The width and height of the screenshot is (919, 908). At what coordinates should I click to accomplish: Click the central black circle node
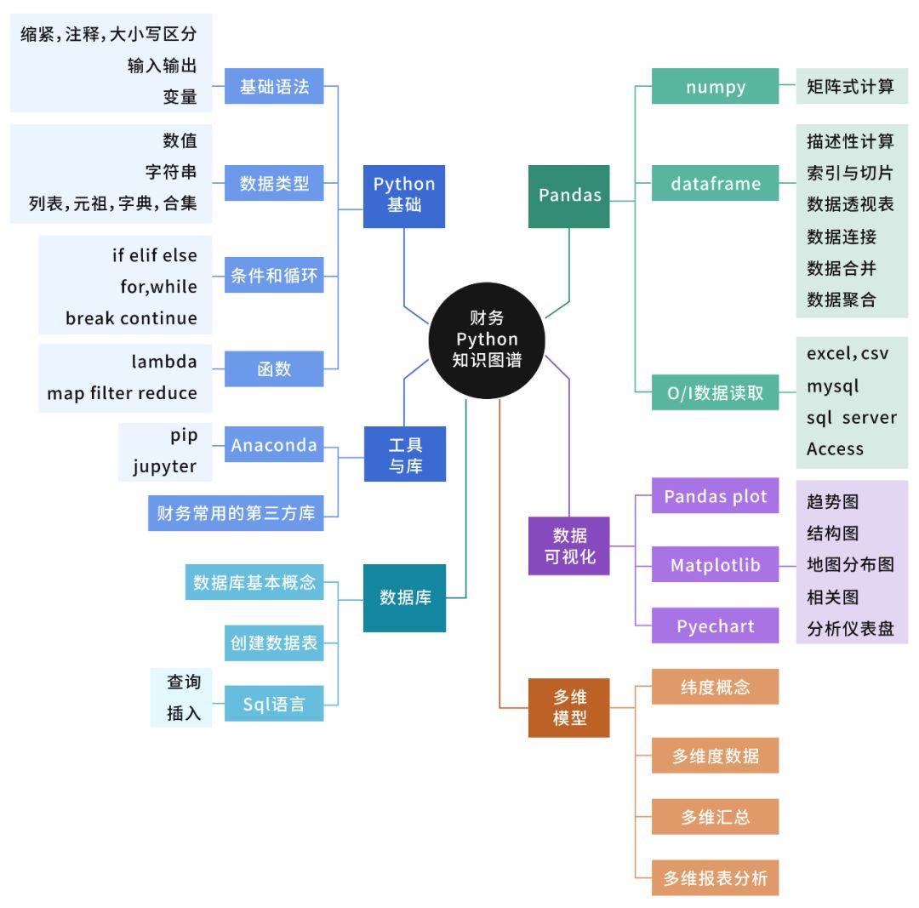point(487,340)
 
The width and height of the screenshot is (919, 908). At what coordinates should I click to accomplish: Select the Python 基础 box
point(404,195)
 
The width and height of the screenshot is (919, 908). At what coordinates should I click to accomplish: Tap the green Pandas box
point(569,196)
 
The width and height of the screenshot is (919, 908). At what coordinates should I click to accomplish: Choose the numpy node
point(715,87)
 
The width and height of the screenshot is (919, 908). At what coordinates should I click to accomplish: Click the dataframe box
point(715,183)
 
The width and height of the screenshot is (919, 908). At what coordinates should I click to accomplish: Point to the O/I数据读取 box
point(715,393)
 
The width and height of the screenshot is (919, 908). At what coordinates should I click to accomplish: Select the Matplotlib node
point(715,565)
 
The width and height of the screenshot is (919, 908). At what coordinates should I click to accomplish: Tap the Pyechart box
point(715,626)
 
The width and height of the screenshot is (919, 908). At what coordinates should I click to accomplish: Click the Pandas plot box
point(715,496)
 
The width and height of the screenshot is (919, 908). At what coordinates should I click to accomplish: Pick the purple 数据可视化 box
point(569,546)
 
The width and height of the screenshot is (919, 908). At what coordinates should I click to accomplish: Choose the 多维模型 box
point(569,707)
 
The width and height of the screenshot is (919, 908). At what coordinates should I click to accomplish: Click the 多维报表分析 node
point(715,878)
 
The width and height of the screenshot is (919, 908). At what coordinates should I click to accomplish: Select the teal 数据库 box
point(404,597)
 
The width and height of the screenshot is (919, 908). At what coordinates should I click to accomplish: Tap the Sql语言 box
point(274,705)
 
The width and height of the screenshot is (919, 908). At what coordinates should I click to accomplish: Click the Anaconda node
point(274,445)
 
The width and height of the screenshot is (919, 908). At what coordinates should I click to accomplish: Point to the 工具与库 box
point(404,455)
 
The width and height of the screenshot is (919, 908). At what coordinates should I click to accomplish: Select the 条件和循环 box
point(274,276)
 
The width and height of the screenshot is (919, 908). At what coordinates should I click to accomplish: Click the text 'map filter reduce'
point(122,393)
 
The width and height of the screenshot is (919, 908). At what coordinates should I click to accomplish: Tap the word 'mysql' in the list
point(833,386)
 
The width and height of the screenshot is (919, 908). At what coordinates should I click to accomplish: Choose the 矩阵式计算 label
point(851,87)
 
